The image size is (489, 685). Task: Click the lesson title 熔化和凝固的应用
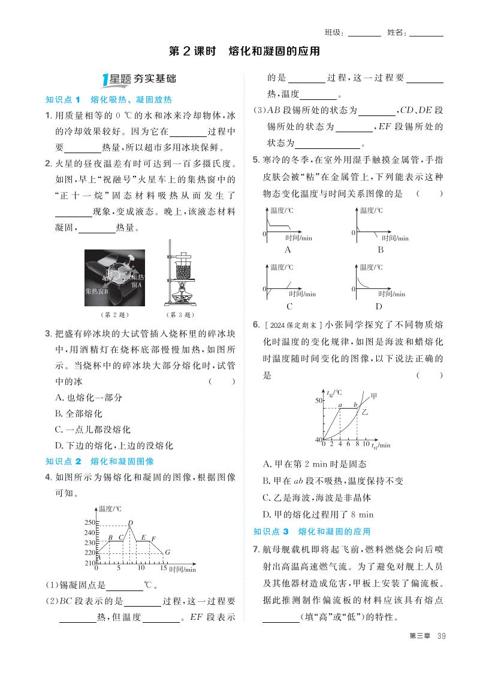[x=274, y=51]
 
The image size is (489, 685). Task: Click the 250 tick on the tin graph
[x=90, y=522]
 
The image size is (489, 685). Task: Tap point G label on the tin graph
[x=167, y=552]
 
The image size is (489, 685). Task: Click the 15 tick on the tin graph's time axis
[x=163, y=568]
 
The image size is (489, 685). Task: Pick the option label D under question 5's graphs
[x=379, y=306]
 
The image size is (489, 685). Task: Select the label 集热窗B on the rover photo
[x=96, y=291]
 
